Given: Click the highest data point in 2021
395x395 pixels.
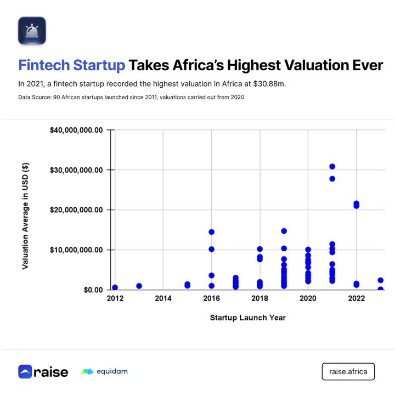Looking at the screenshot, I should [332, 167].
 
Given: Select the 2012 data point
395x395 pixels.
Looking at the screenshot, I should [115, 287].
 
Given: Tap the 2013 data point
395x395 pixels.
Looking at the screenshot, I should [139, 286].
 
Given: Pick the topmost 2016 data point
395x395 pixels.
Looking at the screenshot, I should [211, 232].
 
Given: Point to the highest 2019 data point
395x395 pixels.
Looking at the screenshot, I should [284, 231].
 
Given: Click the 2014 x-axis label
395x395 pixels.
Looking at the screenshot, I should [163, 298].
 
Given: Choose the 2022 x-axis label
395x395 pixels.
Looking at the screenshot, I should [357, 298].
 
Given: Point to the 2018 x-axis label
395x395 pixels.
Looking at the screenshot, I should [259, 298].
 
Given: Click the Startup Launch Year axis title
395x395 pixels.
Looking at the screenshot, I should [247, 317].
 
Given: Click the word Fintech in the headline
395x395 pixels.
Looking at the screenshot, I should [44, 65].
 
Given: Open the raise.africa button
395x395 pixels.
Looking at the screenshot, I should [348, 371].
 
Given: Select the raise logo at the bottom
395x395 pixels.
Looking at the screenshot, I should [43, 371].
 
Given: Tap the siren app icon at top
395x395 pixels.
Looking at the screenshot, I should [32, 30].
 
